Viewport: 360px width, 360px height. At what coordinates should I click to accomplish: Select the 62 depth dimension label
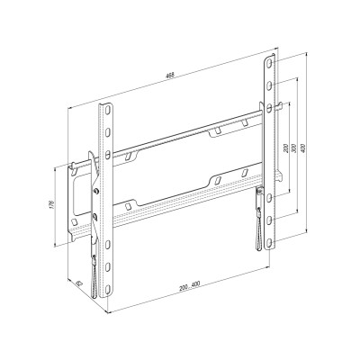tap(79, 281)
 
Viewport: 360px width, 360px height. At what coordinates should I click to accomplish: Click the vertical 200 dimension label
tap(287, 146)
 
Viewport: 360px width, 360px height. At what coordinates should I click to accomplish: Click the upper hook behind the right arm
tap(280, 108)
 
